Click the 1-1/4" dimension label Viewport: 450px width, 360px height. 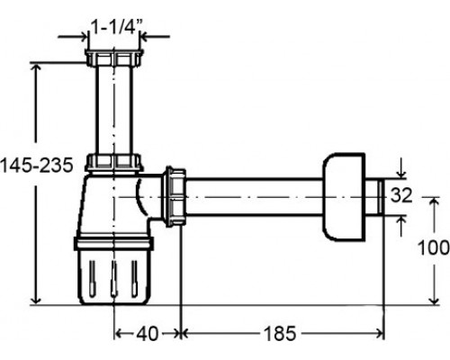[115, 28]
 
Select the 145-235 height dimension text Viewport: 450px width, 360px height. [37, 165]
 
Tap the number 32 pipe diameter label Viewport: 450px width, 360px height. [401, 195]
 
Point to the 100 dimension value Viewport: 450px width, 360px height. [434, 247]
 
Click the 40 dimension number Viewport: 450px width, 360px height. [147, 333]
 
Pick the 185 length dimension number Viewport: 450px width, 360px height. [280, 333]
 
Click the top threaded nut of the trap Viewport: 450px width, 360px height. [114, 58]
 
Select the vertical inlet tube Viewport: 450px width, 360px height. [114, 110]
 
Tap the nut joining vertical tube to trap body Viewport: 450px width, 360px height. [113, 163]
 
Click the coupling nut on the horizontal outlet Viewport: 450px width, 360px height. [175, 196]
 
